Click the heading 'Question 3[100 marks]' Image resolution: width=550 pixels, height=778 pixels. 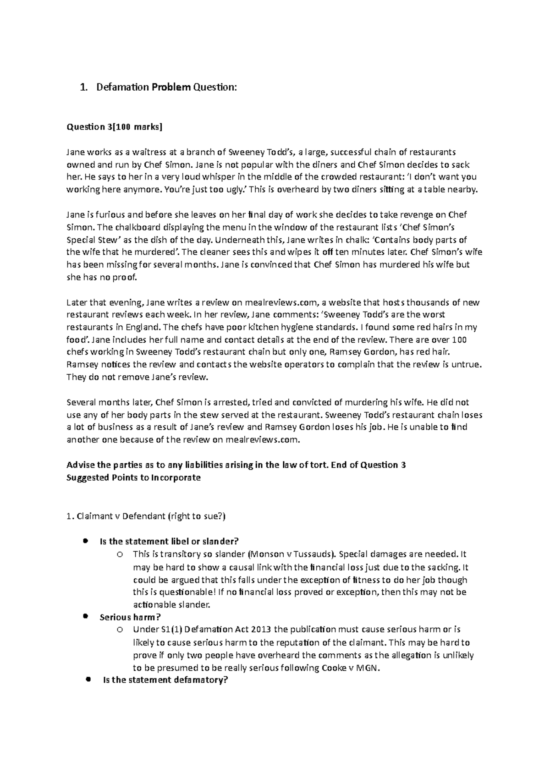pyautogui.click(x=115, y=127)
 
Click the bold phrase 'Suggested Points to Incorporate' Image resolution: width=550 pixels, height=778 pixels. pyautogui.click(x=133, y=477)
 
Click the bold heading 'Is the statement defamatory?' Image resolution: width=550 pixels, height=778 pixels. pyautogui.click(x=165, y=680)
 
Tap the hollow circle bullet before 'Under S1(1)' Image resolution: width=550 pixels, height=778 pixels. pyautogui.click(x=120, y=630)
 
